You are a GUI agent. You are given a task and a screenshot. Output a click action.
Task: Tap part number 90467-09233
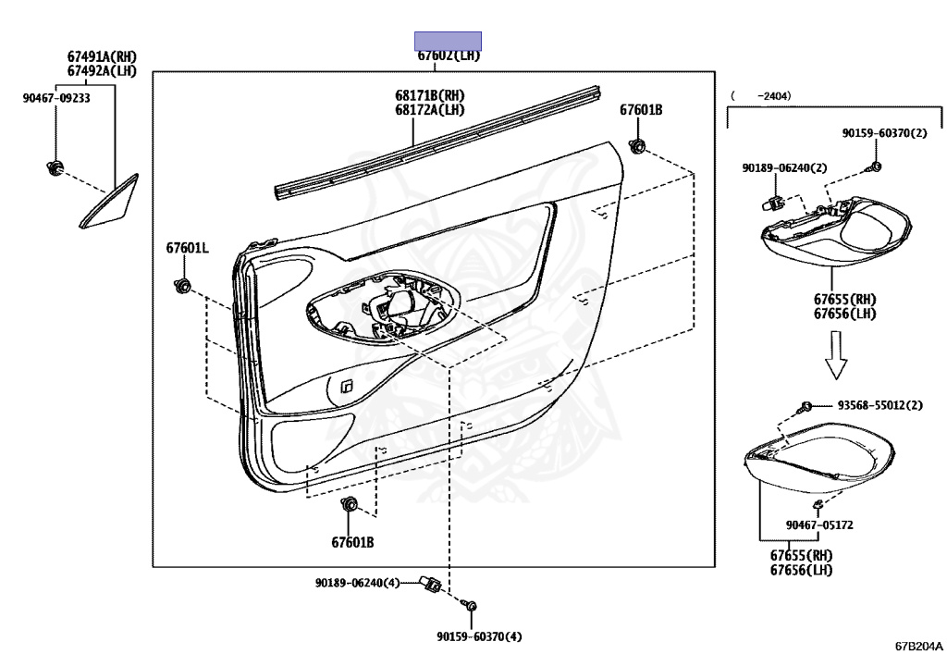(56, 98)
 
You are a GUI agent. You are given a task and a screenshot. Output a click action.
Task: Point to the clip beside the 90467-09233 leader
(55, 168)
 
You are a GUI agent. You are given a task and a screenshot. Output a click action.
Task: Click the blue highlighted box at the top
(448, 41)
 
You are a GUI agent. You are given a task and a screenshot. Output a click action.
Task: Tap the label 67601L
(188, 248)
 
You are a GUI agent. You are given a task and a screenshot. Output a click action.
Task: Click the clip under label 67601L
(182, 285)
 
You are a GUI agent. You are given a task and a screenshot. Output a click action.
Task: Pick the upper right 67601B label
(641, 110)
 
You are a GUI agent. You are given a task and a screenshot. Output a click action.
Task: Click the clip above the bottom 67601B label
(350, 505)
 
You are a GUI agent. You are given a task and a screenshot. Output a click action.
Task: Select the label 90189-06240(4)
(357, 583)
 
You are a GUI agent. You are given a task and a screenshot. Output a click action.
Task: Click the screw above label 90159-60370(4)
(471, 606)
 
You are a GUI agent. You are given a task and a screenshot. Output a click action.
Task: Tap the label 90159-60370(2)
(883, 133)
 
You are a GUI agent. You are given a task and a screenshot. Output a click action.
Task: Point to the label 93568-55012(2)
(880, 405)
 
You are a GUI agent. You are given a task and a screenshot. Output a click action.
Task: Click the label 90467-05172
(819, 524)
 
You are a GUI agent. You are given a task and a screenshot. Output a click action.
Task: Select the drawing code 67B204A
(917, 645)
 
